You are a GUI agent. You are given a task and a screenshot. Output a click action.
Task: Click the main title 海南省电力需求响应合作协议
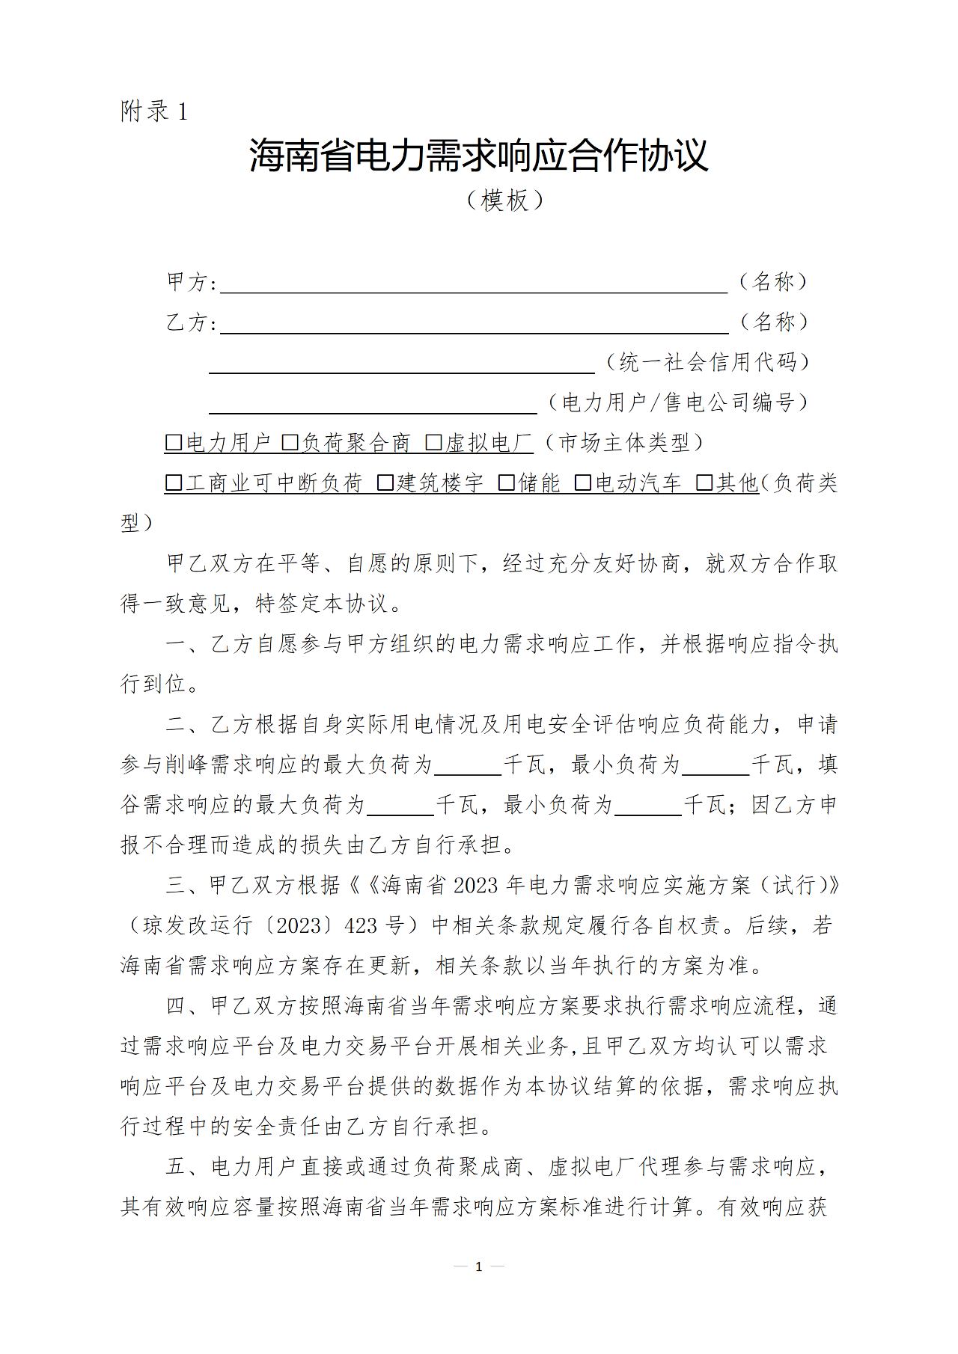[478, 156]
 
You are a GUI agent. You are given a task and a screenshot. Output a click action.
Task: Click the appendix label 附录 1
[154, 111]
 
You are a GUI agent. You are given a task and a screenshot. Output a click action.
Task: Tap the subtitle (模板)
[504, 200]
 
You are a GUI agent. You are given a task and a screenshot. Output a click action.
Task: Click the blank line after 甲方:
[473, 284]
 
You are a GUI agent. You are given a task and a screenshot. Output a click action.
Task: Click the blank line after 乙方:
[473, 325]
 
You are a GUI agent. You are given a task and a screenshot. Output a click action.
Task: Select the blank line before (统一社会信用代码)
[401, 365]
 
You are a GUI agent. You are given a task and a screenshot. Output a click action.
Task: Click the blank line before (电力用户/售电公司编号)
[373, 405]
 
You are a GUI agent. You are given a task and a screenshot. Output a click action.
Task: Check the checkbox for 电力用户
[174, 443]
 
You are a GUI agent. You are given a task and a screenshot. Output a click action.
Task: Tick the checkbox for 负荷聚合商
[290, 443]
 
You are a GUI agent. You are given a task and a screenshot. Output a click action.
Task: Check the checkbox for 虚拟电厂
[433, 443]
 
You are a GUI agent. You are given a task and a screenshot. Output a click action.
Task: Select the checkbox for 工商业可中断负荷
[174, 483]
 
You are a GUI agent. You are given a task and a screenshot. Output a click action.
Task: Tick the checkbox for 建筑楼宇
[385, 483]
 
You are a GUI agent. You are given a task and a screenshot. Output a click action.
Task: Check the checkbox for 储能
[507, 483]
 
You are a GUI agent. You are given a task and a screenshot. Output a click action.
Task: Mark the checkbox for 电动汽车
[583, 483]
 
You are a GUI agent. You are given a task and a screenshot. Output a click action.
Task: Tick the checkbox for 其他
[704, 483]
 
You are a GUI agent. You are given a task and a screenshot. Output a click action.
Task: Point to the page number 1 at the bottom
[478, 1266]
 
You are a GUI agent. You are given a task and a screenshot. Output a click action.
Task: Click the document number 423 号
[375, 926]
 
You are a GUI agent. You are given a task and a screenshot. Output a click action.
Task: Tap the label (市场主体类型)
[623, 443]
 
